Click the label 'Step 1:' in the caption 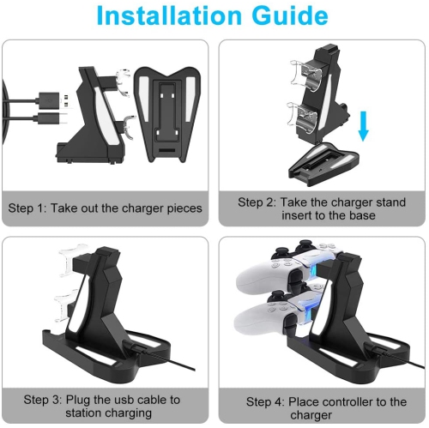[31, 208]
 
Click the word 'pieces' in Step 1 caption [183, 208]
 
